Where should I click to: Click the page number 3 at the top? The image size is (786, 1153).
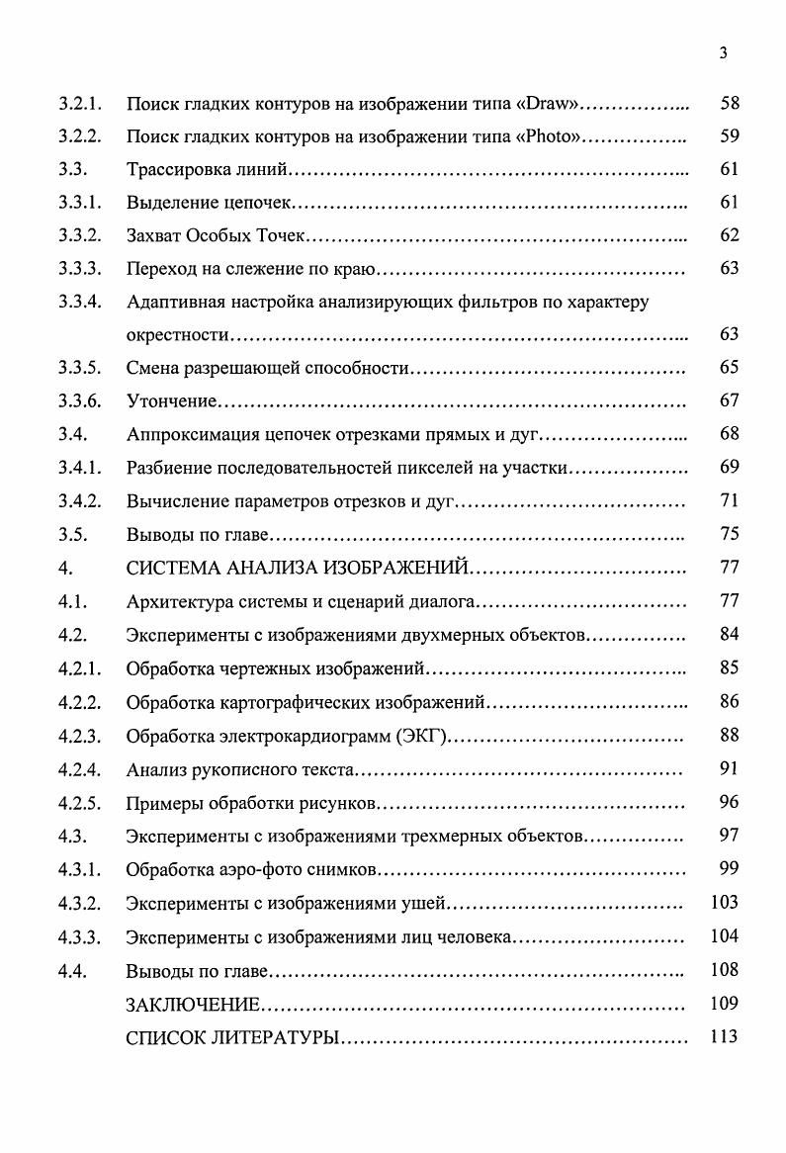point(724,54)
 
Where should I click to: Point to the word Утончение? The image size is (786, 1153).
point(171,401)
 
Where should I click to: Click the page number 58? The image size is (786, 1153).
point(730,103)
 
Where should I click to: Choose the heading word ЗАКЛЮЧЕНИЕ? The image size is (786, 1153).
point(193,1005)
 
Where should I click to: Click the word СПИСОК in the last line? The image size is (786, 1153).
point(162,1038)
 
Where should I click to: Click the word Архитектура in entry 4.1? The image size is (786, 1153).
point(177,601)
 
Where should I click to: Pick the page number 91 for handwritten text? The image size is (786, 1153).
point(730,768)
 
